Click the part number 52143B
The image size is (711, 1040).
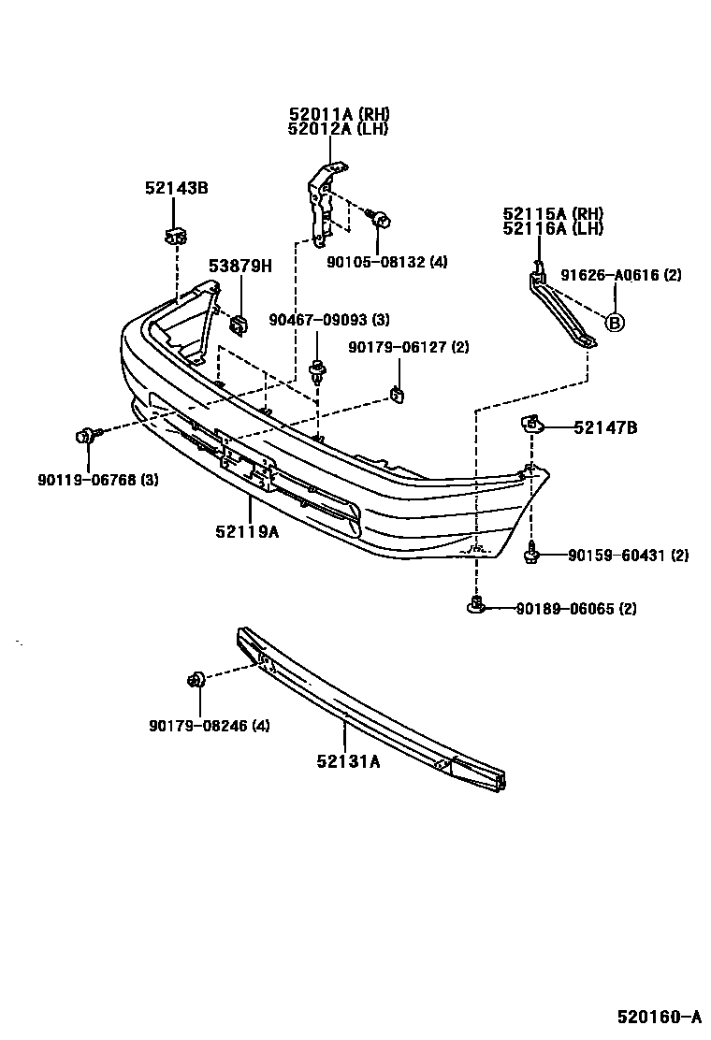(177, 188)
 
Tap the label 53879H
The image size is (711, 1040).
(240, 266)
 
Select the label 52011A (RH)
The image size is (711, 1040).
(339, 114)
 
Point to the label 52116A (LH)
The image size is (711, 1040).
(553, 228)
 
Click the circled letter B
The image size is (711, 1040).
(615, 323)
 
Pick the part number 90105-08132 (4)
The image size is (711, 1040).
(387, 262)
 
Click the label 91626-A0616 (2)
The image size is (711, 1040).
(621, 275)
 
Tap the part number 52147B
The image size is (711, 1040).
(605, 427)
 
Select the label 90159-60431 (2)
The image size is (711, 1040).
(628, 555)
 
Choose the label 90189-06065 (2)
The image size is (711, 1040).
(576, 608)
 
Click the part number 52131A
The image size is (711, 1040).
(348, 761)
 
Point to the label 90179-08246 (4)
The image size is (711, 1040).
(209, 726)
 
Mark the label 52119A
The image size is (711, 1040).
(247, 531)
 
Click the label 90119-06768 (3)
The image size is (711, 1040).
(98, 479)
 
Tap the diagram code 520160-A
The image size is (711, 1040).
(660, 1016)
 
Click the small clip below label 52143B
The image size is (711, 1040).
(175, 235)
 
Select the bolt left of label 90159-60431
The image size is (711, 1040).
(531, 553)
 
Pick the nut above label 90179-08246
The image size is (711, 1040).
(196, 679)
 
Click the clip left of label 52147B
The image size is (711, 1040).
(531, 422)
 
